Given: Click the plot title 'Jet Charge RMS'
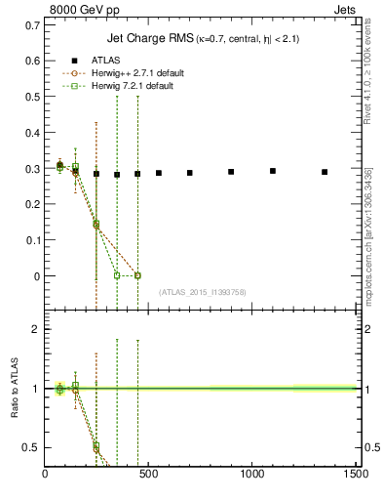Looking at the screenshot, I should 147,39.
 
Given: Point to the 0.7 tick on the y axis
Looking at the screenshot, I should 32,21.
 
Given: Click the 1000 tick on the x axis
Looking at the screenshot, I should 252,475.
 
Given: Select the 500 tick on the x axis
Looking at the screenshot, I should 149,475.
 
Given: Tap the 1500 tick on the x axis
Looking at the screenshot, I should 357,475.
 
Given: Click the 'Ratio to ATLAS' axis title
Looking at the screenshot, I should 15,388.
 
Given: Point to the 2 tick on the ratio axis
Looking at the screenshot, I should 35,329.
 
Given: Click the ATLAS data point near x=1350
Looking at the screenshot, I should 325,172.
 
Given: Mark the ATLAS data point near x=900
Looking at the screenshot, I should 231,172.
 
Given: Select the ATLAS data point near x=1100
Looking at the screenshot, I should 273,171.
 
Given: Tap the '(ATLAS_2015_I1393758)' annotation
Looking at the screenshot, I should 202,292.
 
